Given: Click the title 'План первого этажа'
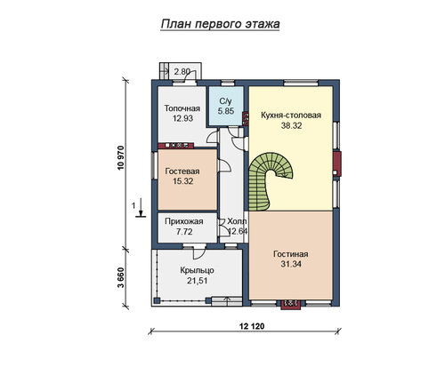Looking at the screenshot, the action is [220, 24].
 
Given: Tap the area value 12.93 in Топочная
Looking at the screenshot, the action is [182, 118].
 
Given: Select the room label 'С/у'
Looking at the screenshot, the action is [225, 101].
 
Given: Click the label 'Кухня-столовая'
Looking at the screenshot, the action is [291, 116].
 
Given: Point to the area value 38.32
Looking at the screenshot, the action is [291, 125].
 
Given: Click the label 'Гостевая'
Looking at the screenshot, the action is [182, 172].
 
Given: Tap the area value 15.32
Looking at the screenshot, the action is [182, 181].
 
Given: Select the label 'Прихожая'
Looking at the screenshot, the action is [184, 221].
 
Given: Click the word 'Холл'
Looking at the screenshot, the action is [237, 221].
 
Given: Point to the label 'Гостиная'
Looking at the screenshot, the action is [291, 254].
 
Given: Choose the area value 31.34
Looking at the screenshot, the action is [291, 264].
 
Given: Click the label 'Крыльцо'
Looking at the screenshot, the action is [197, 270].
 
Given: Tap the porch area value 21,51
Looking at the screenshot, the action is [197, 281].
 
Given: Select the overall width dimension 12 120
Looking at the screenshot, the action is [252, 326].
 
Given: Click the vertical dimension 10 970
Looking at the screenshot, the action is [120, 157].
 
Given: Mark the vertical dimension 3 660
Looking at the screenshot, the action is [120, 278].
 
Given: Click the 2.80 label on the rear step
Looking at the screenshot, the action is [182, 72].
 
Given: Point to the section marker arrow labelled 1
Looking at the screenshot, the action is [141, 207].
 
